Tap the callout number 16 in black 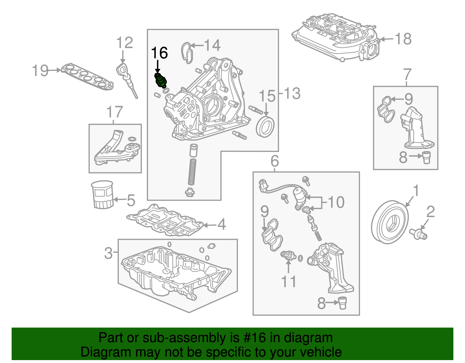point(160,53)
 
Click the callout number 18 point(403,39)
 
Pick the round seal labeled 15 point(265,127)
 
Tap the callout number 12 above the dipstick point(124,43)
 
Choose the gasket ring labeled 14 point(187,53)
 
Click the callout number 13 point(292,94)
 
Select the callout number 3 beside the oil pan point(108,253)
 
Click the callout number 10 point(336,202)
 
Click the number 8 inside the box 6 point(321,303)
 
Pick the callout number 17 point(115,112)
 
